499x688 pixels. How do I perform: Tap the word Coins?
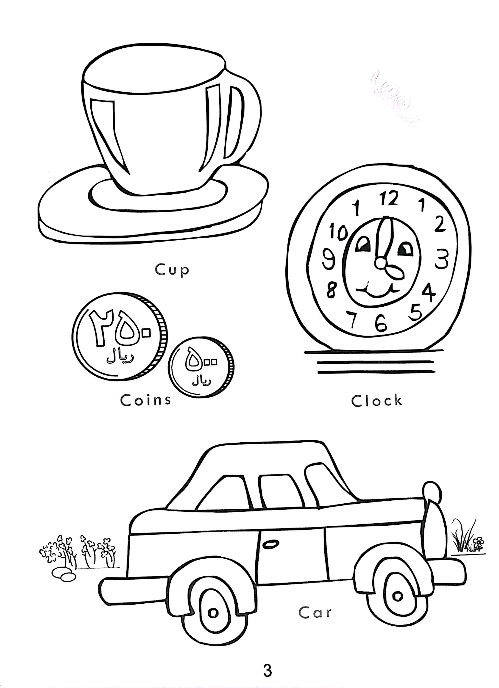coord(146,400)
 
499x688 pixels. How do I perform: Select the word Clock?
coord(377,400)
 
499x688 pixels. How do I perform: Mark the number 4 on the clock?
coord(428,291)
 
